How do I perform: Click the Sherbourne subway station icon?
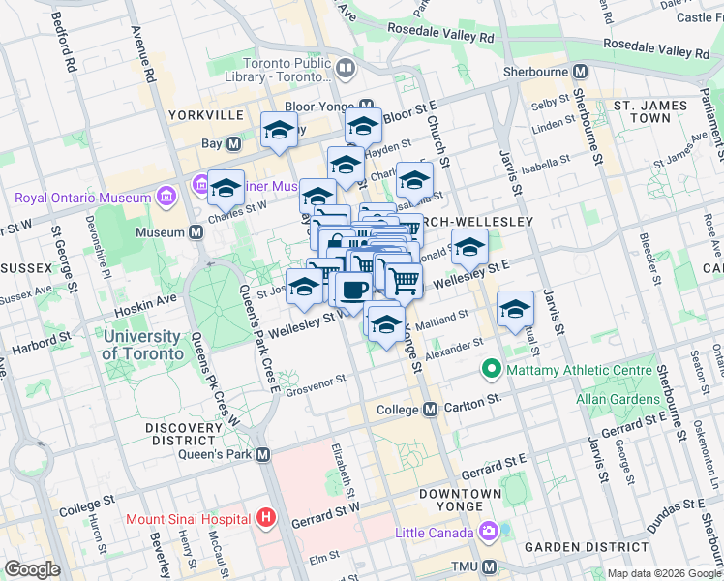pos(581,72)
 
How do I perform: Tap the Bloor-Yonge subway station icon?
pos(366,106)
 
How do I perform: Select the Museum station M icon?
pos(196,232)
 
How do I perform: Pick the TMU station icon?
pos(489,566)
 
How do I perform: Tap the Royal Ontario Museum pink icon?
pos(167,198)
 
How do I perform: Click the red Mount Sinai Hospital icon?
pos(266,518)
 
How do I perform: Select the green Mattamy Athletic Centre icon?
pos(491,369)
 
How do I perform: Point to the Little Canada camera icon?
pos(488,532)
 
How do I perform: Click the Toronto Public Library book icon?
pos(346,67)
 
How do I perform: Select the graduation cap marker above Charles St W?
pos(226,188)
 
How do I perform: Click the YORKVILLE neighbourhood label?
pos(205,114)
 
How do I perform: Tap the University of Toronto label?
pos(142,345)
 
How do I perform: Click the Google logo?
pos(32,569)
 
